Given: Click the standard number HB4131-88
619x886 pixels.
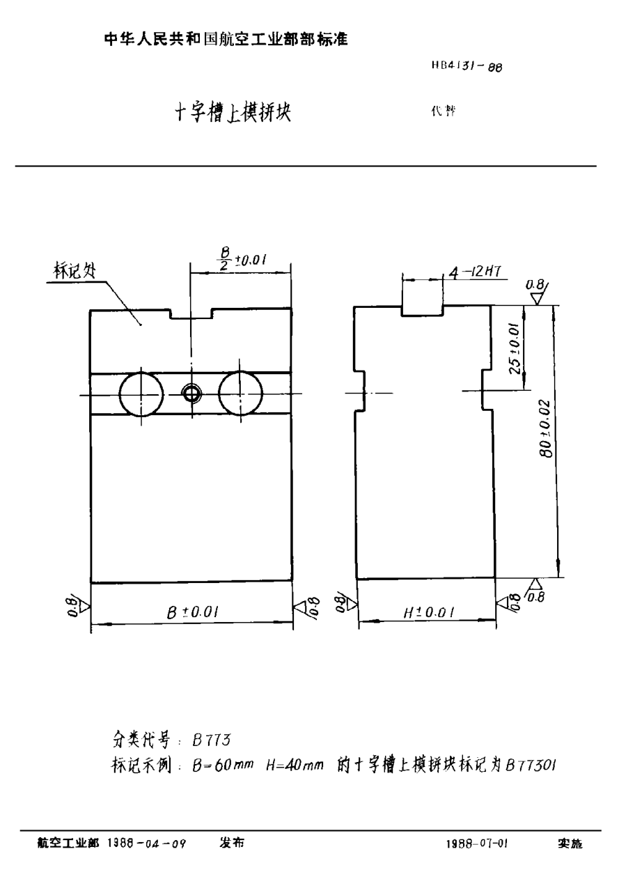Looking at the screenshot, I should [466, 68].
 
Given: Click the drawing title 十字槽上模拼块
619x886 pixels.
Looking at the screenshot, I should [233, 114].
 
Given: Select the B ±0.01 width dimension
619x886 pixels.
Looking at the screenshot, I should [193, 612].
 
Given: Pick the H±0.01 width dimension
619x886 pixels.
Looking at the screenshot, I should [430, 612].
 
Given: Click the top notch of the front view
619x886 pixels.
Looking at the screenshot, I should [190, 313].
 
